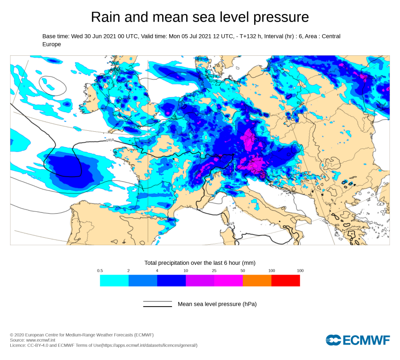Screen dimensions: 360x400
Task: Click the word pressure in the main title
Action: [x=281, y=17]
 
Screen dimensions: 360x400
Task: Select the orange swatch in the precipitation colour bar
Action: [x=257, y=280]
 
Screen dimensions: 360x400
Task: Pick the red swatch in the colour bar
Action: [x=286, y=280]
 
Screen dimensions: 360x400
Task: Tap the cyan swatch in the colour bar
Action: [x=114, y=280]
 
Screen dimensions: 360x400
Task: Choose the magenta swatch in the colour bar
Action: [x=228, y=280]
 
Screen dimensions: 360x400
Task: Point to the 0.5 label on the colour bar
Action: [x=100, y=271]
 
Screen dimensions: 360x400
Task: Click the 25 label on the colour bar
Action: [x=214, y=271]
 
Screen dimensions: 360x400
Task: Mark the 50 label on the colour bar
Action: [x=243, y=271]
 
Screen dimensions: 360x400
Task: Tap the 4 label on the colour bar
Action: [x=157, y=271]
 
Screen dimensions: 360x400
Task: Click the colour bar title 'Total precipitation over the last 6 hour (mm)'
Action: [x=200, y=262]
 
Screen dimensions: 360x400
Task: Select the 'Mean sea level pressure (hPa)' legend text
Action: [x=217, y=304]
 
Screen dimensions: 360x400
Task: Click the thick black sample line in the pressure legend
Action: [x=158, y=307]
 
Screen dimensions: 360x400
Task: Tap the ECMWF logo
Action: [x=358, y=340]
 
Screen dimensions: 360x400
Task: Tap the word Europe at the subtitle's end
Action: [x=52, y=44]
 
